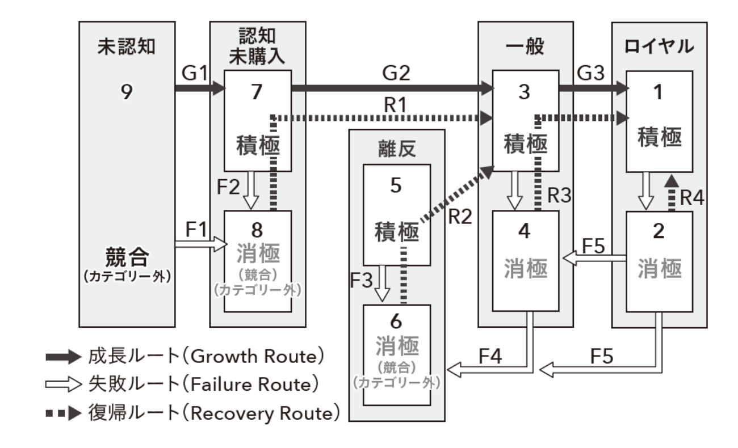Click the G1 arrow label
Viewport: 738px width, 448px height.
[x=195, y=73]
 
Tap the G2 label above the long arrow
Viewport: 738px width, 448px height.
[x=396, y=73]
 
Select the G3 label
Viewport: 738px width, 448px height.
[x=590, y=73]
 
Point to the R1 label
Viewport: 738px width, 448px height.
[x=395, y=105]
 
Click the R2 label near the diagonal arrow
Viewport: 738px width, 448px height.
[x=460, y=217]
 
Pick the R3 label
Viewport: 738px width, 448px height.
[x=559, y=196]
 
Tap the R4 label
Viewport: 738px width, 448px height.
[x=692, y=198]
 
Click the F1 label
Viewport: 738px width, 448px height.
[x=196, y=229]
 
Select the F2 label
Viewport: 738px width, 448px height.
[x=228, y=187]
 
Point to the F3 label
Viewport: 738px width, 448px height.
[x=362, y=281]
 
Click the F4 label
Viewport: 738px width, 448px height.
[x=490, y=356]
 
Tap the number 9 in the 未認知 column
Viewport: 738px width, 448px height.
[x=127, y=92]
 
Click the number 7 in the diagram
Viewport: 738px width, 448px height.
[x=257, y=92]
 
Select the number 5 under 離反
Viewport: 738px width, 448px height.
[x=396, y=185]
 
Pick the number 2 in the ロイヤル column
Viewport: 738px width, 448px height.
[x=659, y=231]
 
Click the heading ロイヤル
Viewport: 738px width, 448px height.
[x=659, y=47]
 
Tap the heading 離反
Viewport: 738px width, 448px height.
[x=397, y=149]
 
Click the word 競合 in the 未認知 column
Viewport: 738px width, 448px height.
[x=127, y=257]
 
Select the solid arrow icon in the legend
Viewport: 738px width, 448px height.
[x=63, y=357]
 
